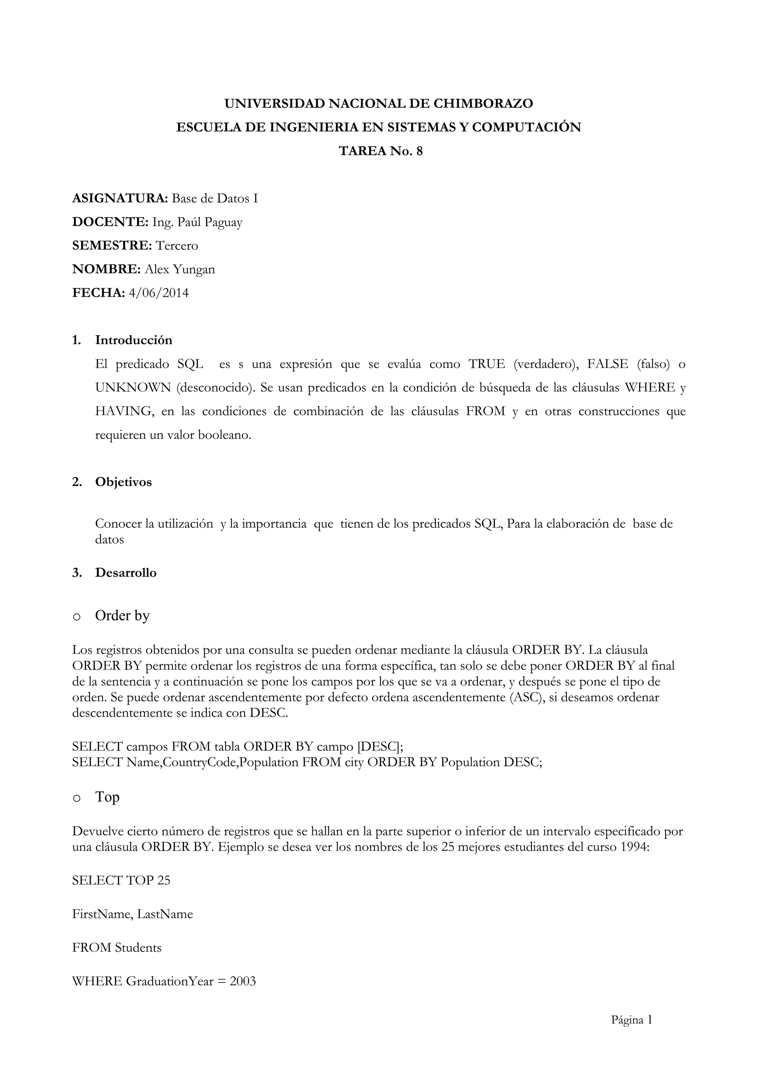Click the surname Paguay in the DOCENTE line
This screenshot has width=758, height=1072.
pos(223,222)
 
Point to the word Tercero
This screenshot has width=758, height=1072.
pos(177,246)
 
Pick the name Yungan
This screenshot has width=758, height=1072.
pos(194,269)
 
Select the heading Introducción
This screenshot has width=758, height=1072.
pos(134,340)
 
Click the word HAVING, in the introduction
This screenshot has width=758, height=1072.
pos(124,412)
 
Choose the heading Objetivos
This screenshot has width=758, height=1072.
pos(123,482)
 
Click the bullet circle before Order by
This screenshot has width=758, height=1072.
pos(77,617)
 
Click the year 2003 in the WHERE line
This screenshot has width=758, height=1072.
pos(243,981)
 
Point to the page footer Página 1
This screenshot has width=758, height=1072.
pos(631,1021)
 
